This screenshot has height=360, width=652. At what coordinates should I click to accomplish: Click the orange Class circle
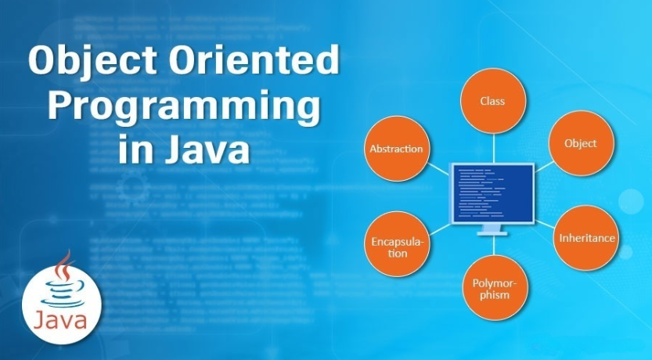(x=492, y=101)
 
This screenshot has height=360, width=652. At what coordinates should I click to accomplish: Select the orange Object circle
(x=580, y=143)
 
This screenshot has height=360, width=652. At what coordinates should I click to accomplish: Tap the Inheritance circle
(x=586, y=237)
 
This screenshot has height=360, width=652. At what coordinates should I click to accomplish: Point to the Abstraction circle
(x=395, y=149)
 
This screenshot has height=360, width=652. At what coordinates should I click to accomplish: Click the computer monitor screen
(x=492, y=193)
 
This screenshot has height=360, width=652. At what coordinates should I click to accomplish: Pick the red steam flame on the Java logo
(x=63, y=268)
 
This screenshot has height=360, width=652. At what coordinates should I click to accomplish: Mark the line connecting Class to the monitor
(x=492, y=146)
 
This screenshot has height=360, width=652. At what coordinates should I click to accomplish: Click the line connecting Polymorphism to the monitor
(x=492, y=246)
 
